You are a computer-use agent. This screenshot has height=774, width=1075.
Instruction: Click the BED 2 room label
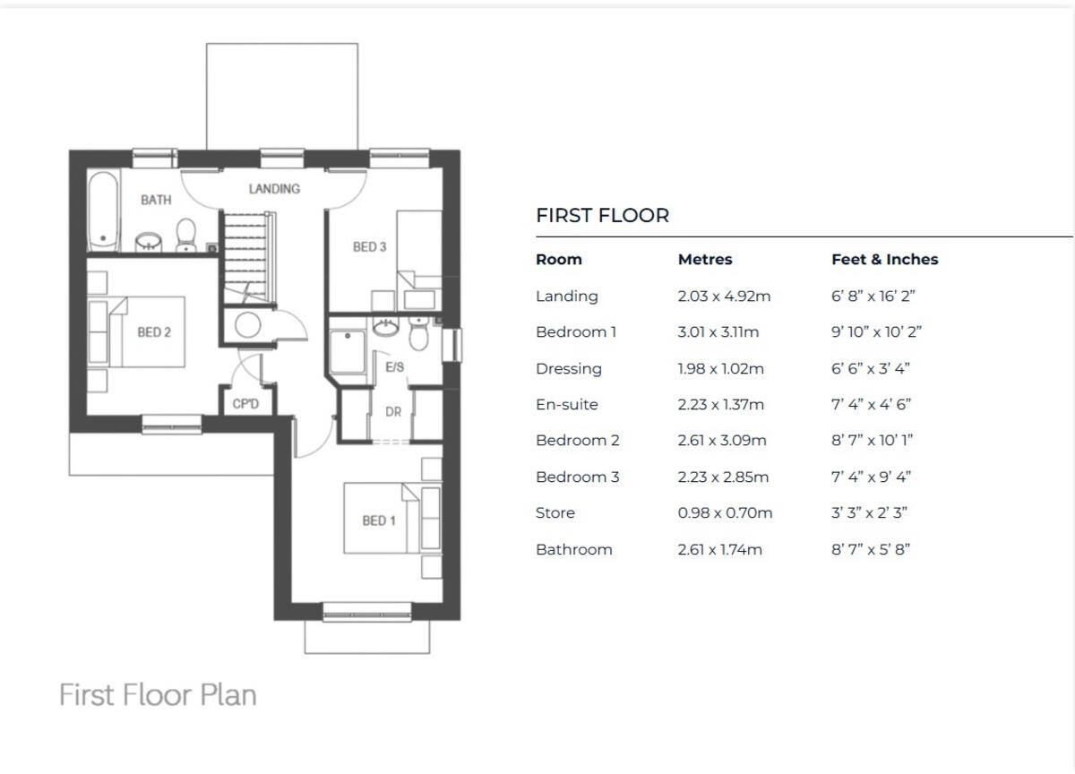tap(154, 331)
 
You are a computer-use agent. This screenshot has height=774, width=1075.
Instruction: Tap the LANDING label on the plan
tap(274, 188)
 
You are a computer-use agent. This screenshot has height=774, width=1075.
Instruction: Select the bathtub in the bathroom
tap(102, 211)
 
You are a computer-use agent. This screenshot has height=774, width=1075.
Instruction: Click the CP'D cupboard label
tap(245, 404)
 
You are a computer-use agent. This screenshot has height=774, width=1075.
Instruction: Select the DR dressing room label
tap(393, 412)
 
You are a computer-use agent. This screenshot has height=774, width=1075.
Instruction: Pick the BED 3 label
tap(369, 246)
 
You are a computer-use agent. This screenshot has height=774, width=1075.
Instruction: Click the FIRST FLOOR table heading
tap(602, 215)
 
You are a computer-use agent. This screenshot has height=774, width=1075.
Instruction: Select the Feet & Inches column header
tap(884, 259)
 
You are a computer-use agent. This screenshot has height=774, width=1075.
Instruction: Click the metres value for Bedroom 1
tap(718, 331)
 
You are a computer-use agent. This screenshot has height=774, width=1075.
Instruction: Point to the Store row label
tap(555, 512)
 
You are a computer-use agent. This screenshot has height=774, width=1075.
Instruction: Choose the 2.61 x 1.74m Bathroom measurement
tap(719, 549)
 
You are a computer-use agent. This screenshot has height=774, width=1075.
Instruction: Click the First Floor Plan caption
tap(158, 694)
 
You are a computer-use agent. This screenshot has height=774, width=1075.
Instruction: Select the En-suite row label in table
tap(566, 404)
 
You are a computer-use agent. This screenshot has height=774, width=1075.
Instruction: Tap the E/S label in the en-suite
tap(395, 367)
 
